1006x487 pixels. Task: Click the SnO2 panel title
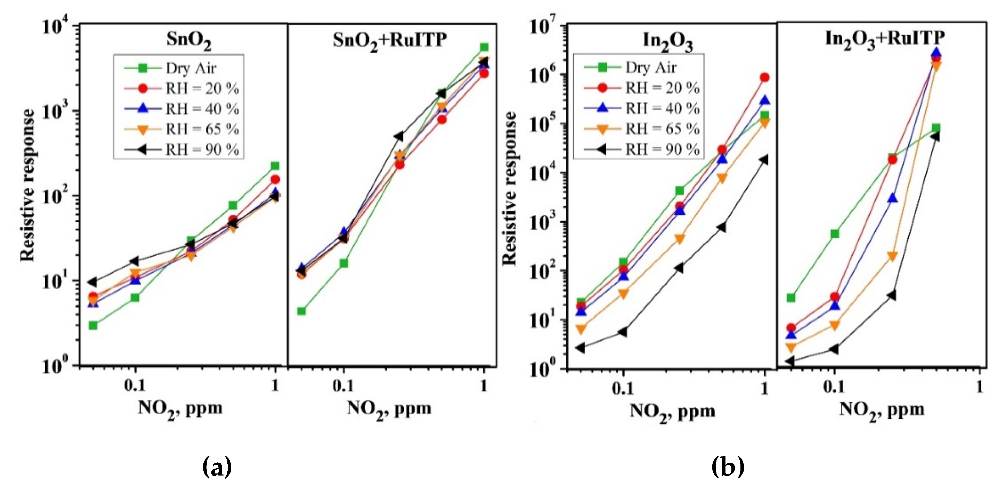(x=189, y=40)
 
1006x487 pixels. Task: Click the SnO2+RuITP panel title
(x=389, y=40)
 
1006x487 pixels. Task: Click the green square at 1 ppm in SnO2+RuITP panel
(x=484, y=47)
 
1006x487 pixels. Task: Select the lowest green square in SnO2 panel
(x=93, y=325)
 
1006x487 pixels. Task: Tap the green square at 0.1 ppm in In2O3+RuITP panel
(x=835, y=234)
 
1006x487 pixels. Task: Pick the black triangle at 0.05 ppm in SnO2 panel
(x=92, y=282)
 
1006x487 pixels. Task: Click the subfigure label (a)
(x=218, y=467)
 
